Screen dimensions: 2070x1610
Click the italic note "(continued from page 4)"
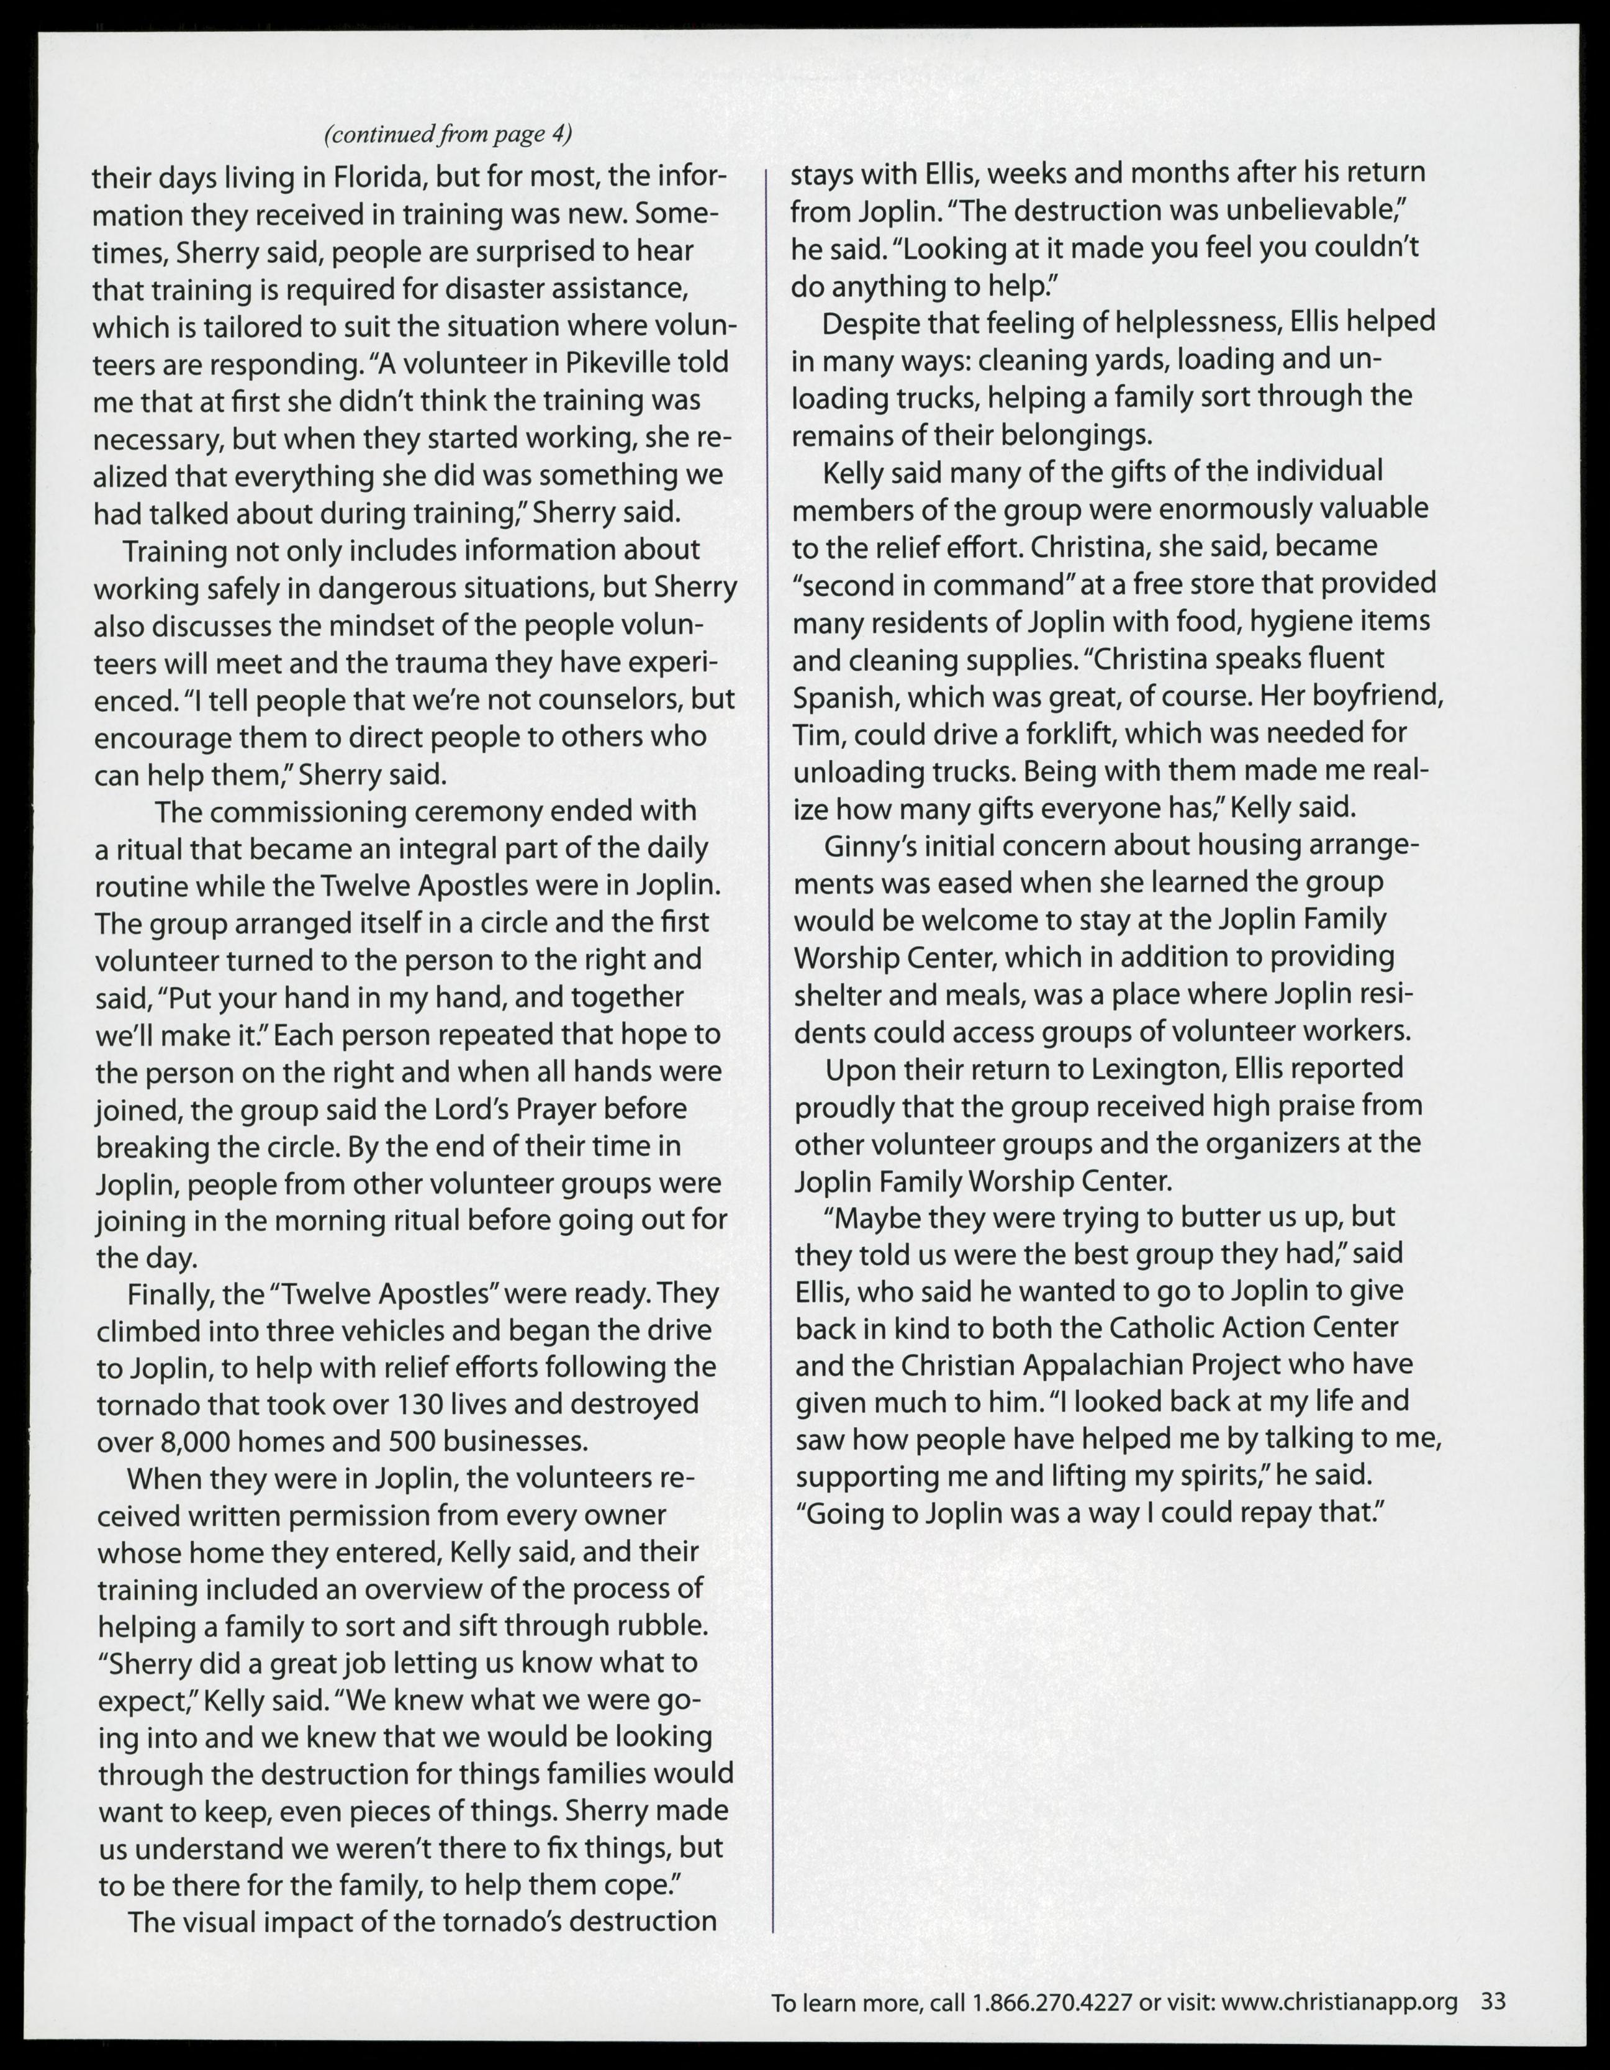tap(448, 135)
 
